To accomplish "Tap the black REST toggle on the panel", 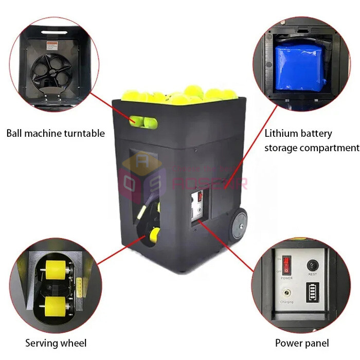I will coord(312,266).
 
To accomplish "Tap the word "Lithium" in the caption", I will coord(281,134).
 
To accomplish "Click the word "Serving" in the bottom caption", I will coord(41,343).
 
